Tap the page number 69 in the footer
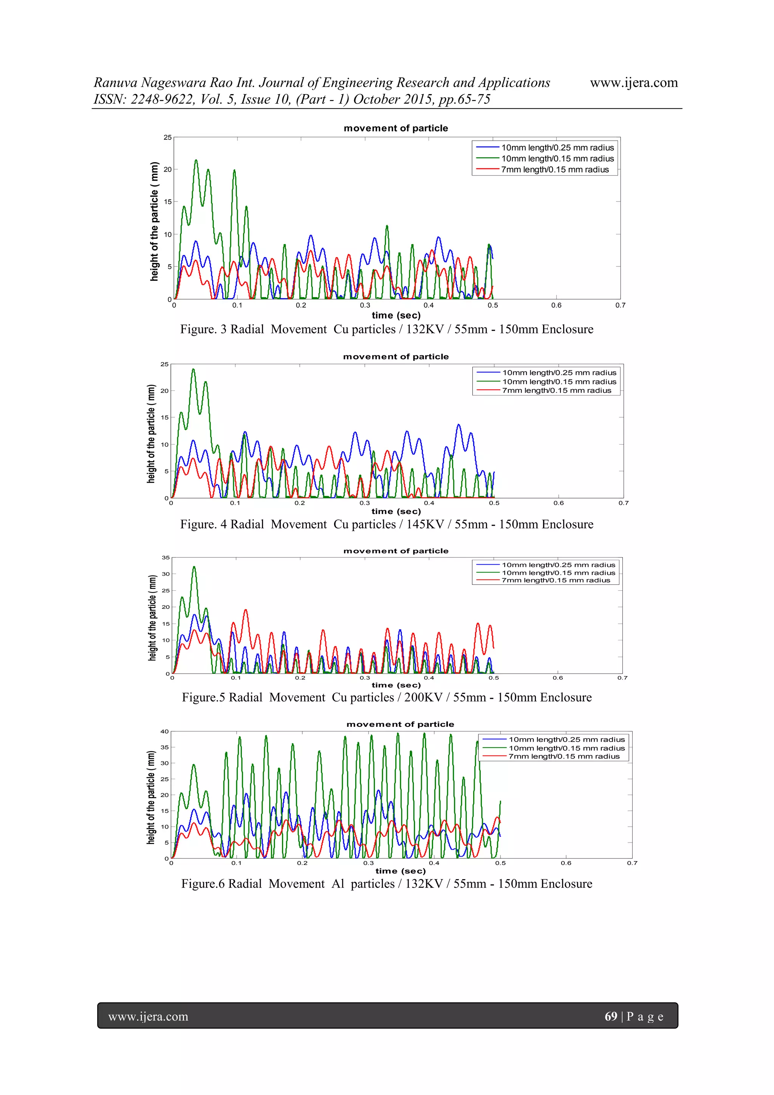click(610, 1016)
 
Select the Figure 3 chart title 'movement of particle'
click(396, 128)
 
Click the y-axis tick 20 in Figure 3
click(167, 169)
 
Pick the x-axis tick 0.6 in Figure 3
click(556, 305)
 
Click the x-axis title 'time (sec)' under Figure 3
click(396, 315)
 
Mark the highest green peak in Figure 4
click(193, 369)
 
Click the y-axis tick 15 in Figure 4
click(164, 417)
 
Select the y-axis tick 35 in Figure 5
click(166, 557)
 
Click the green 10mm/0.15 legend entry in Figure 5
click(558, 573)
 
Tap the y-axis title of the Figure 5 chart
click(152, 618)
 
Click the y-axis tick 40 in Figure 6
click(164, 731)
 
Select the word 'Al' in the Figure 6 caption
click(337, 884)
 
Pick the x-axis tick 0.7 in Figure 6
click(632, 863)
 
